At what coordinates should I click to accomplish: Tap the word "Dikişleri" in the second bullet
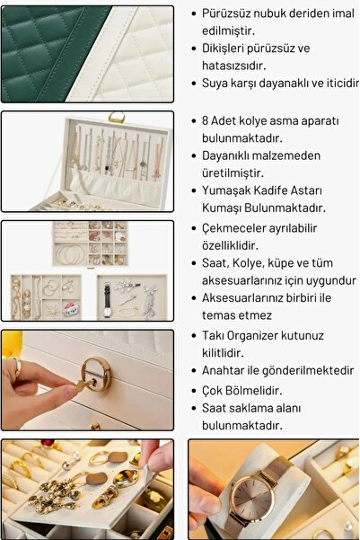[x=227, y=49]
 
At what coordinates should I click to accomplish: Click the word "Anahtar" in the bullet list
[x=230, y=370]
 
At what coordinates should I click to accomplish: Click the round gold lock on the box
[x=96, y=375]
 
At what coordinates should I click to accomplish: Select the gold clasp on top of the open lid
[x=117, y=116]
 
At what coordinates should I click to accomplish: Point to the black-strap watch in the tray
[x=106, y=297]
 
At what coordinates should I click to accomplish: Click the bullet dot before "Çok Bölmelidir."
[x=193, y=391]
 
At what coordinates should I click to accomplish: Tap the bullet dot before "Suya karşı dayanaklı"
[x=193, y=83]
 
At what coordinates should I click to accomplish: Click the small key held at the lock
[x=79, y=384]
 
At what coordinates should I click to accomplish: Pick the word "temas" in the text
[x=221, y=315]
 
